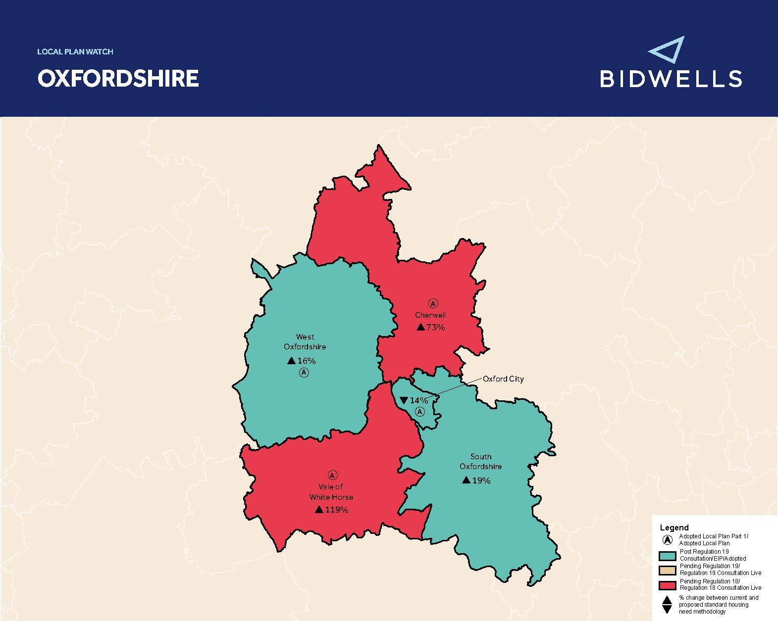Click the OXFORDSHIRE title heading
click(118, 78)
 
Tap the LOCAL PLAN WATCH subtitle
click(75, 51)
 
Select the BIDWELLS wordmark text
click(671, 79)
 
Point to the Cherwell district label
click(430, 315)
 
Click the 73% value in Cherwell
click(435, 327)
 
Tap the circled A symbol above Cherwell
click(433, 303)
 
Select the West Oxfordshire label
click(305, 341)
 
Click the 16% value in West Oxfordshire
click(306, 361)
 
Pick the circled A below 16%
click(304, 372)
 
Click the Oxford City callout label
click(503, 379)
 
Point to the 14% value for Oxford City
click(418, 400)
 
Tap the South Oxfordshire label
click(480, 461)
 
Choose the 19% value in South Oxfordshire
click(481, 480)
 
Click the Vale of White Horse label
click(331, 492)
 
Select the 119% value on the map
click(337, 510)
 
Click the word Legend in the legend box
click(674, 527)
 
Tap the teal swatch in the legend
click(667, 555)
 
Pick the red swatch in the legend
click(667, 585)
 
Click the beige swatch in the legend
click(667, 570)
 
